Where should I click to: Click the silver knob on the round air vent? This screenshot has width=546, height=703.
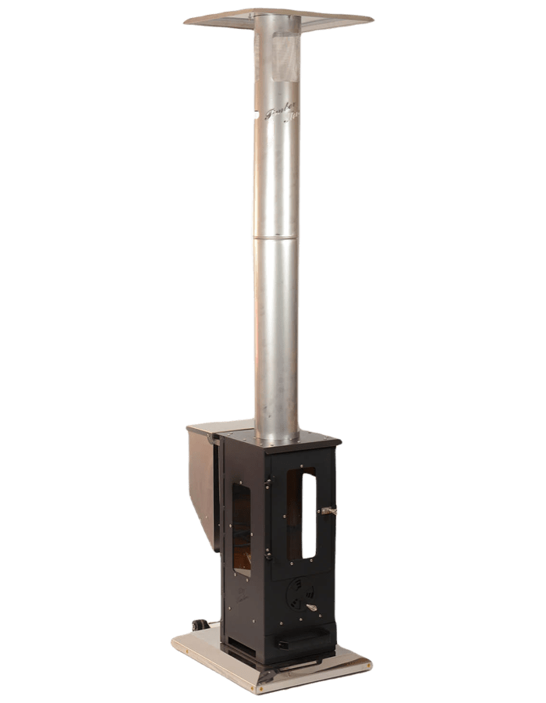point(310,607)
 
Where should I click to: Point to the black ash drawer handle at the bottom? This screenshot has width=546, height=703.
point(300,643)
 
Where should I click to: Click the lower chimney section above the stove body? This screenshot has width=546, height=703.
point(277,336)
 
